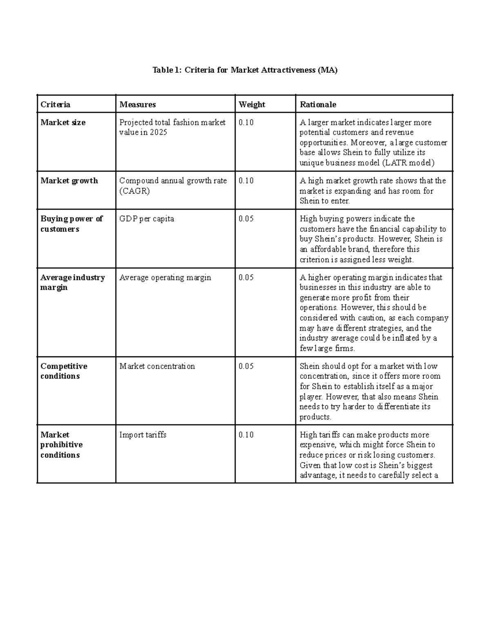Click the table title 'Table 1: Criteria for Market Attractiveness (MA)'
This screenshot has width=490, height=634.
tap(245, 70)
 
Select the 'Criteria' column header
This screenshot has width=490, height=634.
tap(55, 105)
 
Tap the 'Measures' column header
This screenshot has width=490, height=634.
tap(138, 105)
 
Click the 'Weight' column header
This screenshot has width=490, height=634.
tap(252, 105)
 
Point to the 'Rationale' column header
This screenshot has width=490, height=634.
tap(318, 105)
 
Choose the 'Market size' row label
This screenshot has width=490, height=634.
tap(63, 122)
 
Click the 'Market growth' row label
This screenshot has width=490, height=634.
tap(69, 181)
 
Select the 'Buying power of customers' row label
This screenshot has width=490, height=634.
tap(71, 224)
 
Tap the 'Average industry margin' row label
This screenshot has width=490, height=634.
tap(72, 282)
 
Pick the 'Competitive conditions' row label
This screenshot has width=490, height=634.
tap(64, 371)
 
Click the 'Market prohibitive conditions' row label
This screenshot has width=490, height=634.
tap(61, 445)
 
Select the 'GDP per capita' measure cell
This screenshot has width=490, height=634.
tap(147, 219)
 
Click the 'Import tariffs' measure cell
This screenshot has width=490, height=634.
tap(143, 435)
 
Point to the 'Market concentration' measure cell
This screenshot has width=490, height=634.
tap(157, 366)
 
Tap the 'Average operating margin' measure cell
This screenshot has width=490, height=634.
tap(165, 278)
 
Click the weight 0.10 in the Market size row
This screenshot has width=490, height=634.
tap(246, 122)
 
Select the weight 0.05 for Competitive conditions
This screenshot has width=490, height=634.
tap(246, 366)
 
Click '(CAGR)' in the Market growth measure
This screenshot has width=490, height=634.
tap(134, 191)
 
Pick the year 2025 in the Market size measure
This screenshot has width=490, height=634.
tap(158, 133)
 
